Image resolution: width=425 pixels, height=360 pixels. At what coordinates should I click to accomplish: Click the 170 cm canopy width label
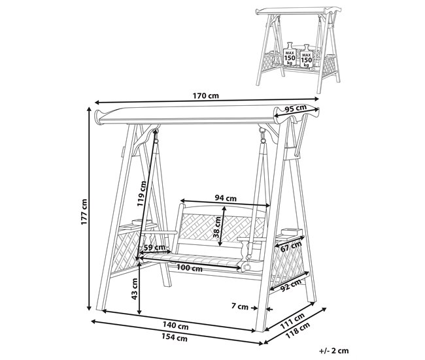pos(205,95)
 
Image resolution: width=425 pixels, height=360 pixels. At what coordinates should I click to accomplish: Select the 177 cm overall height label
pos(84,212)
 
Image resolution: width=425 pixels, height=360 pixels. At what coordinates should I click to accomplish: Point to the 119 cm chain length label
pos(142,193)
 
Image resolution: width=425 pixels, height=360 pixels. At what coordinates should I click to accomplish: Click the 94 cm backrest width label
pos(226,198)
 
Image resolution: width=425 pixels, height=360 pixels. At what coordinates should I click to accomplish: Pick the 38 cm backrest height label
pos(217,227)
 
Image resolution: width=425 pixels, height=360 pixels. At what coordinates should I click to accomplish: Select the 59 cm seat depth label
pos(154,247)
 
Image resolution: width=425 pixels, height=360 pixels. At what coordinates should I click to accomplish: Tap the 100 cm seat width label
pos(190,269)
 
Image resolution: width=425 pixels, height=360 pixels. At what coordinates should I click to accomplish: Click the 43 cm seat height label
pos(135,289)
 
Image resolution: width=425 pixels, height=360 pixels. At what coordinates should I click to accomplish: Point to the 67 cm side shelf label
pos(291,246)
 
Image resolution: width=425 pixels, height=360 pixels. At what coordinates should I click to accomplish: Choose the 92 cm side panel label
pos(290,285)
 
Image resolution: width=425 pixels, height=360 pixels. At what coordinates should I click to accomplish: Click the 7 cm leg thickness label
pos(240,306)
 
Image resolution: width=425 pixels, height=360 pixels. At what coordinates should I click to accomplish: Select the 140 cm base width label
pos(175,326)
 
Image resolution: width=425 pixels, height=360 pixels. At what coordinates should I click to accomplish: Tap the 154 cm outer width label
pos(175,337)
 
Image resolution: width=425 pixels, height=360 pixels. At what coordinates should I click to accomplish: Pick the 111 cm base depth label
pos(292,320)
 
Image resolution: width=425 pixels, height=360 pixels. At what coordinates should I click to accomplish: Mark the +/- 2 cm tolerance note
pos(334,350)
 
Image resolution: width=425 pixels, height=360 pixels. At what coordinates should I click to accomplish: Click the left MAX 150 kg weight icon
pos(290,54)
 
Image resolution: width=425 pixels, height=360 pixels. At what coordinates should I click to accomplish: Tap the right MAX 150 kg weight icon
pos(306,56)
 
